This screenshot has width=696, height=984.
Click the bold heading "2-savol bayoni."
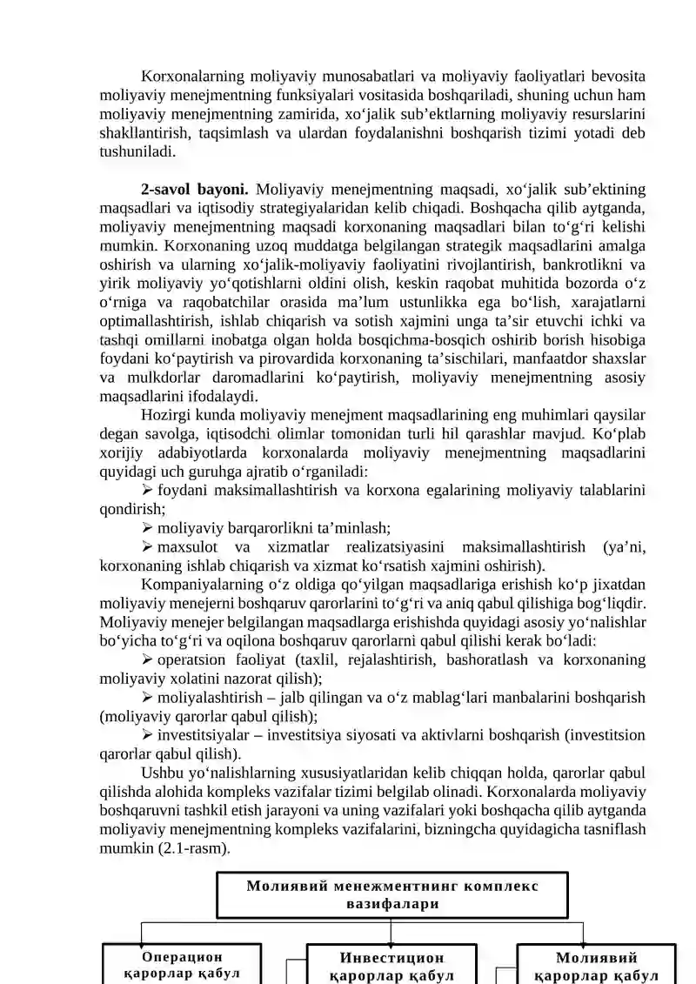195,189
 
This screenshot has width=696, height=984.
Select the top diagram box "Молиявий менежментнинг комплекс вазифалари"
391,895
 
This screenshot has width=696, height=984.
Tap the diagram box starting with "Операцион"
181,965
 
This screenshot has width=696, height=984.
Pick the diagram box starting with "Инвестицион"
391,967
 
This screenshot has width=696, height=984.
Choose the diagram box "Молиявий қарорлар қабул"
596,967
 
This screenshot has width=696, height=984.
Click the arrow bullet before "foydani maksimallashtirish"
148,490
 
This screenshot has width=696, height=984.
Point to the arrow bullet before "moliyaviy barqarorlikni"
148,526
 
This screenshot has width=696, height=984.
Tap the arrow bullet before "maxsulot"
148,546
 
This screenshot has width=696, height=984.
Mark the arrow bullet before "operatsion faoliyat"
148,659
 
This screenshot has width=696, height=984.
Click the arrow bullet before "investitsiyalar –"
148,735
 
